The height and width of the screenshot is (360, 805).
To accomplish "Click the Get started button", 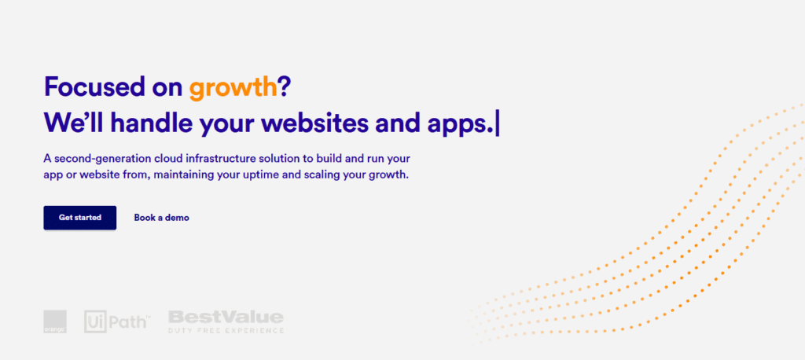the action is click(x=80, y=218).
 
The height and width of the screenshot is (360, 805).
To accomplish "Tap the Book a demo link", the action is click(x=162, y=218).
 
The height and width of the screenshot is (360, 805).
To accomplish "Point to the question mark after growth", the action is click(x=285, y=86).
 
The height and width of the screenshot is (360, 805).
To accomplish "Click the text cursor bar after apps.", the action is click(x=497, y=124).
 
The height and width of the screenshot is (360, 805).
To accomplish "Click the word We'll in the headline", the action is click(x=75, y=123).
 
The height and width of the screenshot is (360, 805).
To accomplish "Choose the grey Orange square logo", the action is click(x=55, y=321).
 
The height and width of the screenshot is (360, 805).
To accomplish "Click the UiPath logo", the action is click(x=118, y=321).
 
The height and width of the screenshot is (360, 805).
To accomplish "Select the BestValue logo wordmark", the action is click(x=226, y=317).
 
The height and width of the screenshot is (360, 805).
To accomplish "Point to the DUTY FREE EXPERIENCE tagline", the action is click(x=226, y=330).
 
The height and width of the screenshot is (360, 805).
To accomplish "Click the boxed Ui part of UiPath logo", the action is click(x=95, y=321).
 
